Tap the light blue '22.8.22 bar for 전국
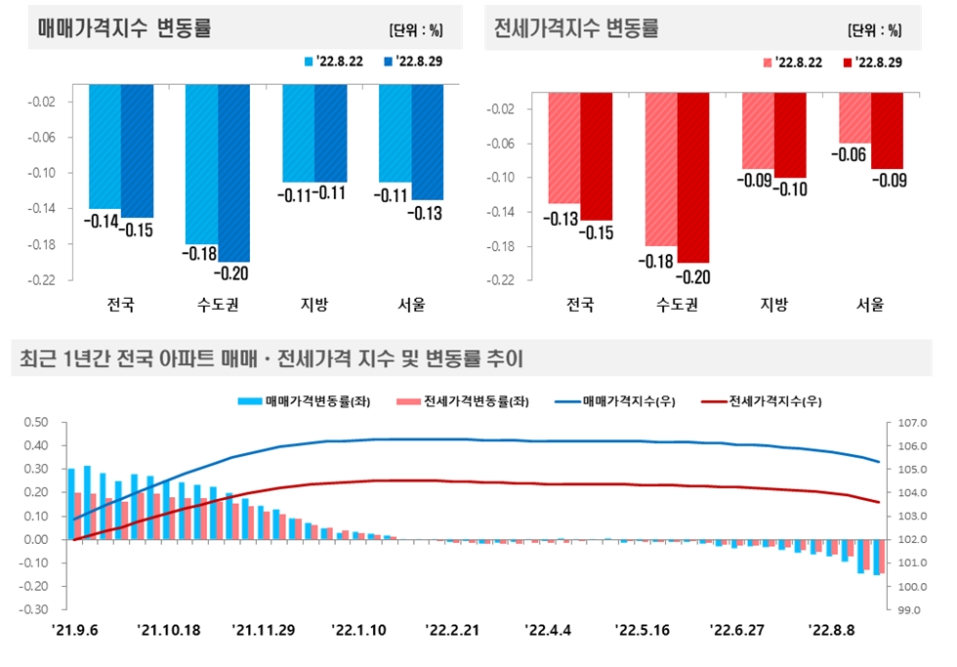pos(105,146)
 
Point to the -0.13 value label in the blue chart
pos(428,214)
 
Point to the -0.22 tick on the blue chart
pos(44,280)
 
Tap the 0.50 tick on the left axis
pos(34,423)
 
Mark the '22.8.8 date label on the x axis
pos(832,630)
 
